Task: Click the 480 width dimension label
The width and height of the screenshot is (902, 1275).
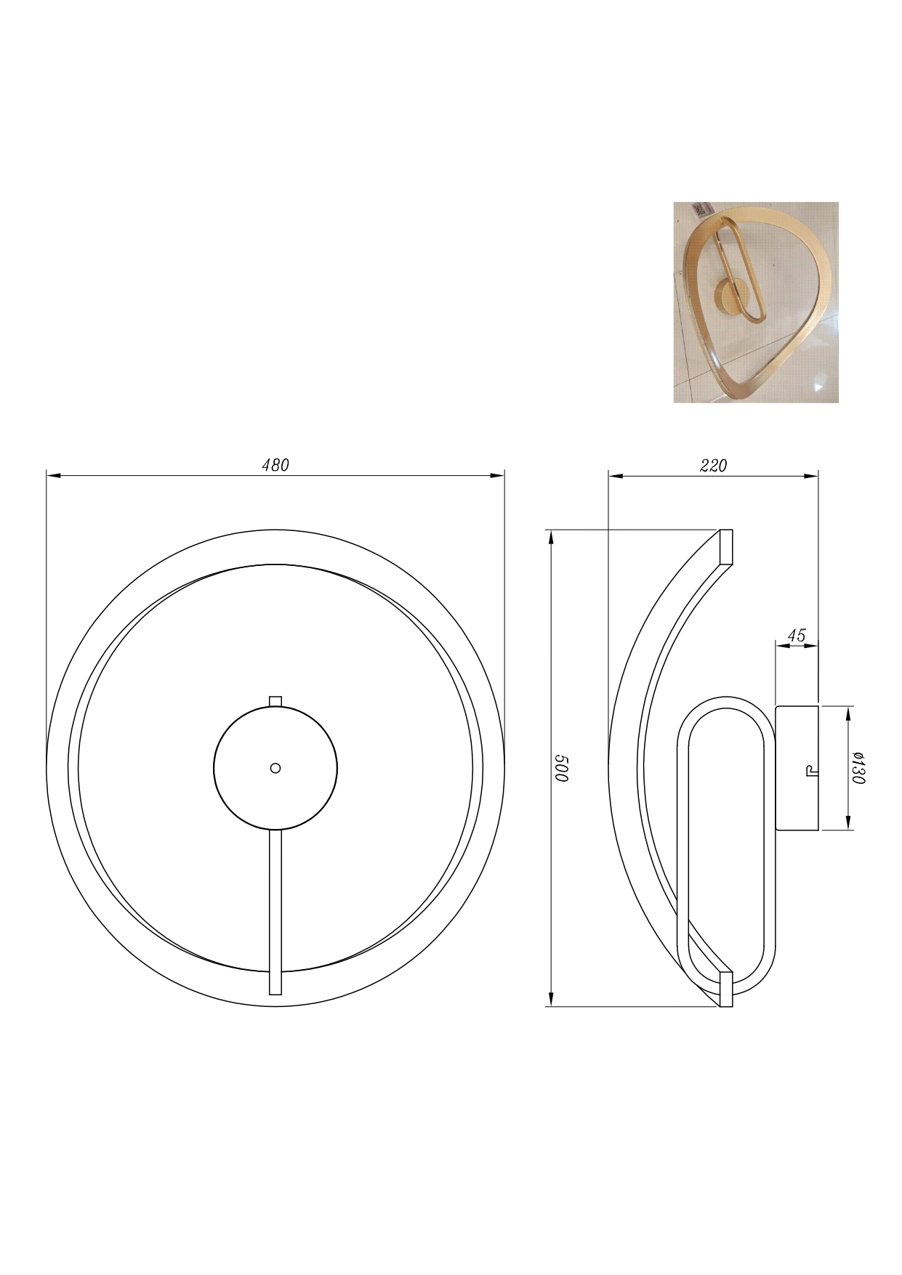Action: tap(275, 465)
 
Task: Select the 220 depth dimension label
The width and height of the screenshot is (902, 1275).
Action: tap(713, 466)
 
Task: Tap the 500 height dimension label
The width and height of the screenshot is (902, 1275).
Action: tap(561, 768)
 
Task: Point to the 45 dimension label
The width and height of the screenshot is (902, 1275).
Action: tap(797, 635)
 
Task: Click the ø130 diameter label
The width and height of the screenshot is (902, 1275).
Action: tap(858, 767)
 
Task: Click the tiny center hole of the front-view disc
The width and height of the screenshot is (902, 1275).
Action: tap(275, 767)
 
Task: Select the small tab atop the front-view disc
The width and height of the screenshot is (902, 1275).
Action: tap(275, 700)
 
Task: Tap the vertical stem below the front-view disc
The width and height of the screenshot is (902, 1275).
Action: tap(275, 912)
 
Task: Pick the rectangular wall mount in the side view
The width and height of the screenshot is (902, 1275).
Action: tap(797, 767)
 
